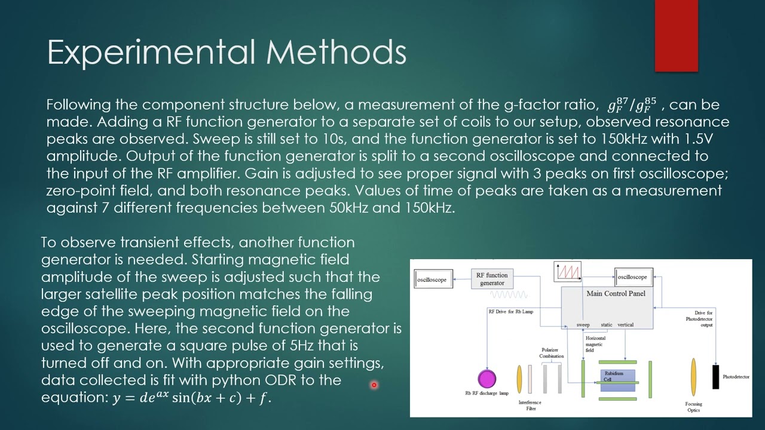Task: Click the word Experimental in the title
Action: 152,52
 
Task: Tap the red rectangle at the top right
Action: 676,36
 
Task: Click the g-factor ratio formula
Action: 632,105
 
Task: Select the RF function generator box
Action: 492,279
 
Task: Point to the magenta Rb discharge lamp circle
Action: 487,379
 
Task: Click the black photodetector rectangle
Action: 715,377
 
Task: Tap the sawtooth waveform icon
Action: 568,272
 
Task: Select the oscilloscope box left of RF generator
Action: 432,279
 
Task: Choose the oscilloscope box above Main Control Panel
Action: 632,277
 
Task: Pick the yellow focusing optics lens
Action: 693,377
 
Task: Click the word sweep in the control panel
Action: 583,325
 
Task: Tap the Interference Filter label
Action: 531,406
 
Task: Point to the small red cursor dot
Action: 374,385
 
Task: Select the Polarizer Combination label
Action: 551,353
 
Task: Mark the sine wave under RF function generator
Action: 509,294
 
